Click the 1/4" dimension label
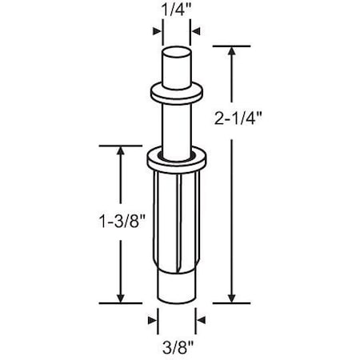click(x=171, y=10)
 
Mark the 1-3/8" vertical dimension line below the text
click(x=122, y=264)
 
